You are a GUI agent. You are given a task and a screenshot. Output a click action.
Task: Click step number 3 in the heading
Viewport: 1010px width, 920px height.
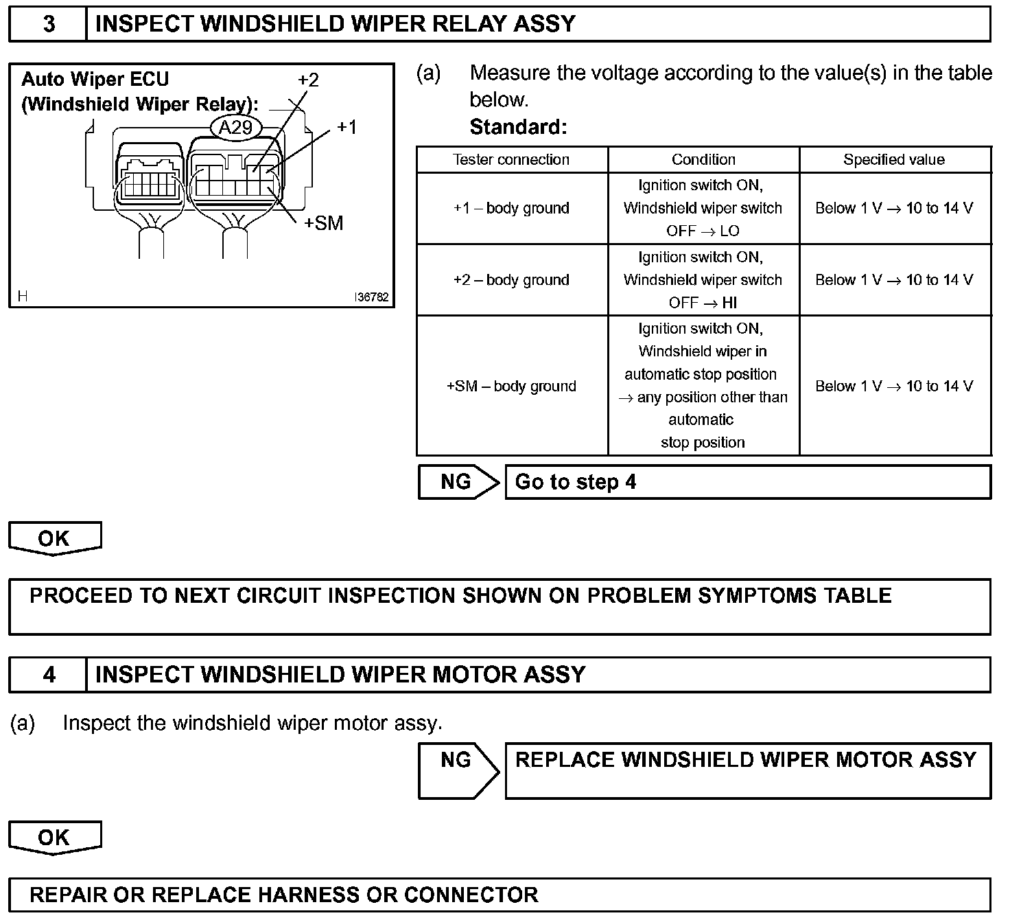[x=49, y=24]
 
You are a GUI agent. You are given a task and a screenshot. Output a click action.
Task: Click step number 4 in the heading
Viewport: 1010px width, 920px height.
[x=49, y=675]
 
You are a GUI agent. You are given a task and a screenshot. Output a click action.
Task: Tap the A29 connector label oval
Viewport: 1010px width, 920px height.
[x=235, y=127]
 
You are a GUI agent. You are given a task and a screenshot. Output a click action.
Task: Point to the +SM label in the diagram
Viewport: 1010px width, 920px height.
[x=323, y=223]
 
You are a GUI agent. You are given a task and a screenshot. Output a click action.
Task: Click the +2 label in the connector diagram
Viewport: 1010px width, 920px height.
[x=308, y=80]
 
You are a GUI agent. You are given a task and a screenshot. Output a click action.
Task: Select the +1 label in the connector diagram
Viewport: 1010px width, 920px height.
[x=347, y=127]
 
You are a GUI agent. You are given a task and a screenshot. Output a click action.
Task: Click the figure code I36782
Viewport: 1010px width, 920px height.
[x=371, y=297]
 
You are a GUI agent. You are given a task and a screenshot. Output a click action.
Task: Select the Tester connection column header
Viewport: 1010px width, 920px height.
[x=511, y=160]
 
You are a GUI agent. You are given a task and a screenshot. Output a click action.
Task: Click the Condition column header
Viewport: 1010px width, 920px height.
[x=703, y=160]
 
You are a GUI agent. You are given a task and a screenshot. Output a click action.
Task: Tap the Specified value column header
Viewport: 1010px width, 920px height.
[x=894, y=160]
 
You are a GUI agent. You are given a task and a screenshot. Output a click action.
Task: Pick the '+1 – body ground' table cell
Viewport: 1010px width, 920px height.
[x=511, y=208]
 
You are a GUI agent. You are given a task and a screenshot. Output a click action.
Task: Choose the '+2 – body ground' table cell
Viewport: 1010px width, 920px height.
[x=511, y=280]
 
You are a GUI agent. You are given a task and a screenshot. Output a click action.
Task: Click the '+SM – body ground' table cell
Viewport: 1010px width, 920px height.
[x=511, y=386]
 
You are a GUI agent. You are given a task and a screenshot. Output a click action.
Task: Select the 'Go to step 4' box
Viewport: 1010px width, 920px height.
[x=748, y=482]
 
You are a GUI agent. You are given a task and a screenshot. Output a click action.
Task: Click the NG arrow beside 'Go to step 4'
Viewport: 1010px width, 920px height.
[x=458, y=482]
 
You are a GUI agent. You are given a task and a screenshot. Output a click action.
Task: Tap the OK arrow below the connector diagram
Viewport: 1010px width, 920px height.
[x=54, y=538]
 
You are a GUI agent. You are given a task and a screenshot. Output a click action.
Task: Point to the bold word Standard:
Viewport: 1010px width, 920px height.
[x=518, y=127]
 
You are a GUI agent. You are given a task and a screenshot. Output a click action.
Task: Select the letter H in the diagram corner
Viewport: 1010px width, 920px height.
[x=23, y=297]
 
